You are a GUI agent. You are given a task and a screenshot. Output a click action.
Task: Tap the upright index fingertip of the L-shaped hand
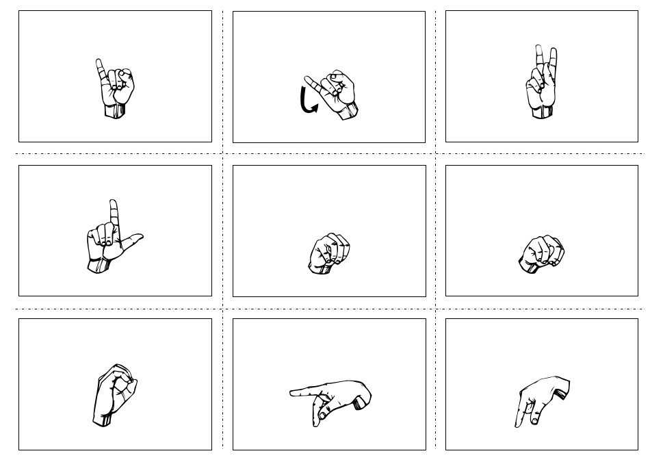pyautogui.click(x=114, y=203)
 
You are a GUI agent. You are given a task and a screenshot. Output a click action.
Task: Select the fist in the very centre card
pyautogui.click(x=328, y=253)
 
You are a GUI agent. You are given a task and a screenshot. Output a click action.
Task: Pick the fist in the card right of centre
pyautogui.click(x=542, y=252)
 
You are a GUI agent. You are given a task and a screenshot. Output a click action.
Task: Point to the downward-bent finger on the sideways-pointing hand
pyautogui.click(x=322, y=415)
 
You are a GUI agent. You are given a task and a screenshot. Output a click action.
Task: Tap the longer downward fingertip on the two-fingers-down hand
pyautogui.click(x=518, y=424)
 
